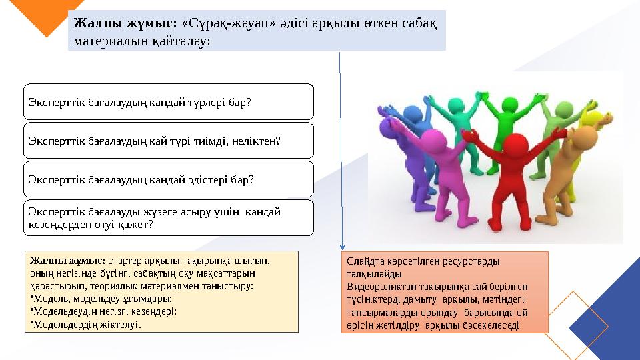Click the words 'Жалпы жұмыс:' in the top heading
tap(124, 23)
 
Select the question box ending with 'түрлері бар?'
tap(169, 102)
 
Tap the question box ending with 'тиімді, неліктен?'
tap(169, 141)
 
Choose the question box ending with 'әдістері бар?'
tap(169, 179)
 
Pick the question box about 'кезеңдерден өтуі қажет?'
tap(169, 218)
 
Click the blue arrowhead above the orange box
tap(343, 246)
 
